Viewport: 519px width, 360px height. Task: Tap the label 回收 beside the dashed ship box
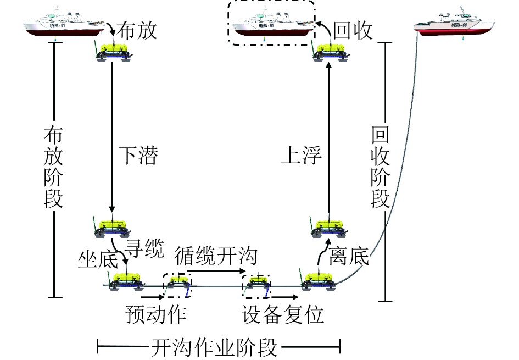pos(353,30)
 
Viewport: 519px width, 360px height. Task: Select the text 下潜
pos(138,157)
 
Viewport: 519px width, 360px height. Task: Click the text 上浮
pos(300,157)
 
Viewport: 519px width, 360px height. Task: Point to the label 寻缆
pos(146,250)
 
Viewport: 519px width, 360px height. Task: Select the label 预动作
pos(155,314)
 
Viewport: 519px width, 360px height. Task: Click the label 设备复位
pos(283,314)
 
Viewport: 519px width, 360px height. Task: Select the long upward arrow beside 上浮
pos(328,137)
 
